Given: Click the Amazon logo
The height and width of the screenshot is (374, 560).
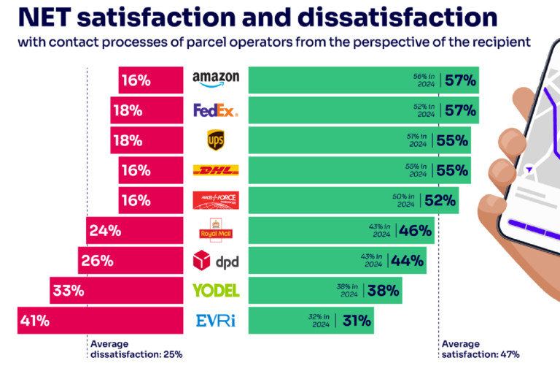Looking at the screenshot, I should (215, 80).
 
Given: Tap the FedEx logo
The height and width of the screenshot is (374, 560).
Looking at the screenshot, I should (215, 110).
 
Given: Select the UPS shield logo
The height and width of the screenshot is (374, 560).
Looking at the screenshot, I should (215, 140).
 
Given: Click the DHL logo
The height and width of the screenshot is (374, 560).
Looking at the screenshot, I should (215, 170).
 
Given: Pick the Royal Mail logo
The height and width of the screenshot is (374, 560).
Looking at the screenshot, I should (215, 229).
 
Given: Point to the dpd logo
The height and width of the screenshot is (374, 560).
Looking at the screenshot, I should (215, 260).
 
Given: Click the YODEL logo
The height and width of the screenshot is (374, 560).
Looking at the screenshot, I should (215, 290).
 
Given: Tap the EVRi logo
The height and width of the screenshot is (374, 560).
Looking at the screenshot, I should (215, 320).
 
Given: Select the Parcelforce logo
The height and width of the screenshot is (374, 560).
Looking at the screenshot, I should (215, 200).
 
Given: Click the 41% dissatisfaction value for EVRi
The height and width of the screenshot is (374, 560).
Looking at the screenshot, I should (35, 320).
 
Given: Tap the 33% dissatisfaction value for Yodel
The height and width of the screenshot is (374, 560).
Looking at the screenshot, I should (68, 290).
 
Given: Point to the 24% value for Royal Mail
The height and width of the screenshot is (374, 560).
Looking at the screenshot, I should (104, 230).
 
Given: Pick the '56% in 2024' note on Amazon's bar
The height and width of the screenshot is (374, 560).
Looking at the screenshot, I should (424, 80).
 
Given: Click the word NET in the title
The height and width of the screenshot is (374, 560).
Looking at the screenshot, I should (42, 17).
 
